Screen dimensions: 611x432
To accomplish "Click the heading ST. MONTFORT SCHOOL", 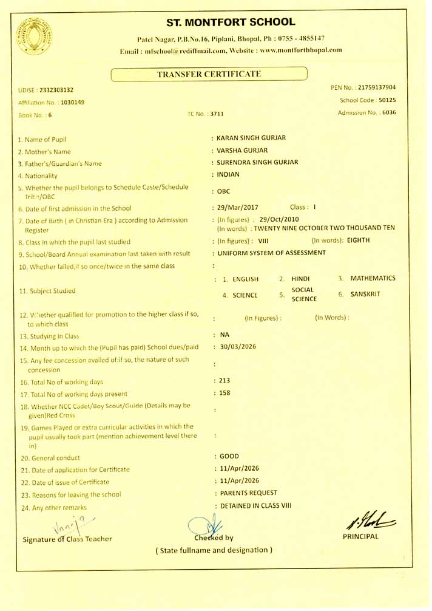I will [231, 22].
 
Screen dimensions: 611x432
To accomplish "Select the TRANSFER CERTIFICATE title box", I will [209, 74].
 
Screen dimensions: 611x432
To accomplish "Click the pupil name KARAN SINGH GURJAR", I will [251, 138].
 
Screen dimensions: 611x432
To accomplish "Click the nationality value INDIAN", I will [228, 174].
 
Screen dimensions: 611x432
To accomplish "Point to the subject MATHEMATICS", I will [373, 278].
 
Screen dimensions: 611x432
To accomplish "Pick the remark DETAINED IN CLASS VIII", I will [255, 505].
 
